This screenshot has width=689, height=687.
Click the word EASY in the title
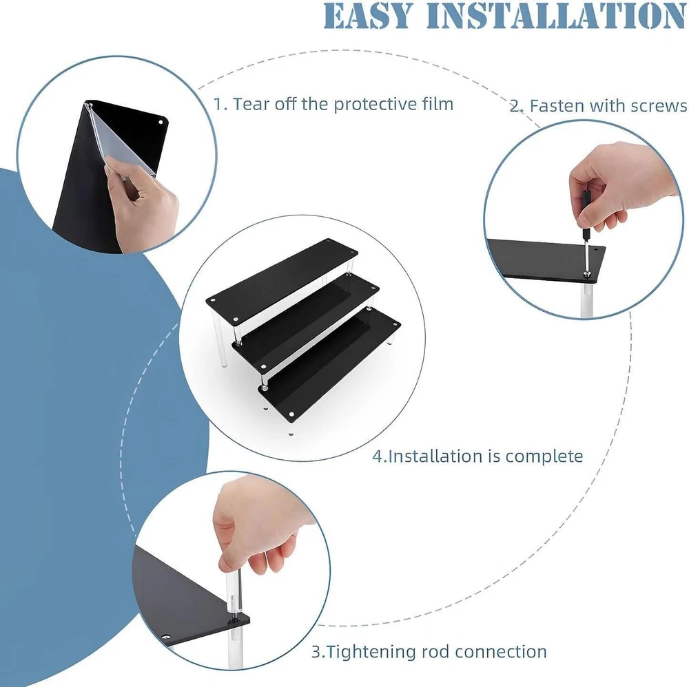367,17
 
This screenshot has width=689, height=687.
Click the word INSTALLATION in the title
555,17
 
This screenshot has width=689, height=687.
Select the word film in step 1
435,104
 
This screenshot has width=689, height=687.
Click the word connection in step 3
500,652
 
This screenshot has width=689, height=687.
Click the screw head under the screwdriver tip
586,275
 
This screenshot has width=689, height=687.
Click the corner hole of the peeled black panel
161,122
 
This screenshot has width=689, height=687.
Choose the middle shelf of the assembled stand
305,323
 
